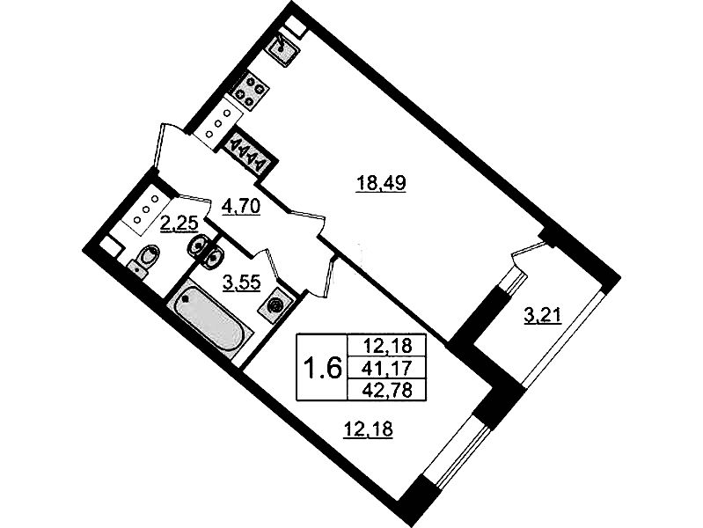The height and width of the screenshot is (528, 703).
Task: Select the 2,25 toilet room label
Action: click(179, 223)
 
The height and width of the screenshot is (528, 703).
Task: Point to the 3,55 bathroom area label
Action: click(242, 283)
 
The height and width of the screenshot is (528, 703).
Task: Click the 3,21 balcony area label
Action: click(543, 317)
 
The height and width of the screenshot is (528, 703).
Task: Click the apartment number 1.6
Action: click(323, 369)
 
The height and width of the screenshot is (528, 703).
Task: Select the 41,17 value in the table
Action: click(386, 369)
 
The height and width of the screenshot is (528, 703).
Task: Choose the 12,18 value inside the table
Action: click(386, 346)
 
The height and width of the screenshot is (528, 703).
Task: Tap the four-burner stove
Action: click(248, 92)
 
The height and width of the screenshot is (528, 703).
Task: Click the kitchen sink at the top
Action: click(281, 48)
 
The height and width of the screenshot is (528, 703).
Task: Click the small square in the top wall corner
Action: click(296, 26)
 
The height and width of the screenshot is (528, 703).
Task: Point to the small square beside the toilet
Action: click(109, 247)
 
